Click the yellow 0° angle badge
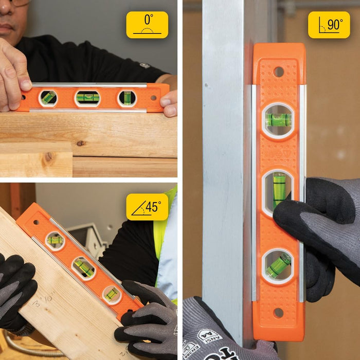[x=147, y=25]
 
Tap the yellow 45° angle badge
[x=147, y=207]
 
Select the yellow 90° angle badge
[x=329, y=25]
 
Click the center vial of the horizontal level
[x=87, y=98]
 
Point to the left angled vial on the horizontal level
[x=48, y=98]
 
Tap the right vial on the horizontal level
[x=127, y=98]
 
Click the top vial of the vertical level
[x=278, y=120]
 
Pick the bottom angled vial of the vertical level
[x=278, y=265]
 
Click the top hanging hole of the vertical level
[x=278, y=71]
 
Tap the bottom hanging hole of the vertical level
[x=278, y=312]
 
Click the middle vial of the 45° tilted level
[x=83, y=267]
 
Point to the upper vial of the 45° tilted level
[x=55, y=240]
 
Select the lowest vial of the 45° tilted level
[x=112, y=294]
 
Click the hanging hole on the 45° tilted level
[x=36, y=222]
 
